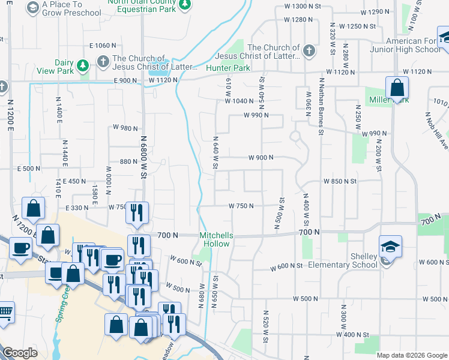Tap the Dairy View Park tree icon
coord(85,64)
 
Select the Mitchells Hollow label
coord(215,239)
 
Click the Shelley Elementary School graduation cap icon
coord(390,245)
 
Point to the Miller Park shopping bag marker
coord(397,88)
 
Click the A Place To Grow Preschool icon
coord(32,8)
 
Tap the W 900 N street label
coord(261,158)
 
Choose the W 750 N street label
coord(241,206)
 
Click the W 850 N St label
coord(340,181)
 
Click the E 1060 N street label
coord(102,46)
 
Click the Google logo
coord(20,353)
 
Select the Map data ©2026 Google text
coord(412,355)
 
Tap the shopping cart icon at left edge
coord(5,312)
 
